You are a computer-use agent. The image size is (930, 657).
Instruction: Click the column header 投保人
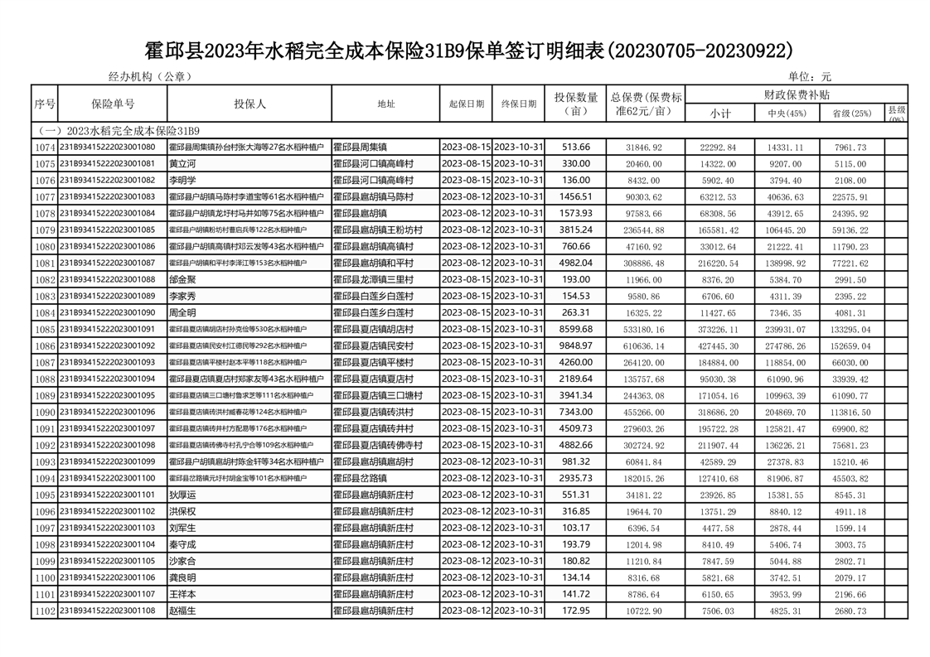point(249,104)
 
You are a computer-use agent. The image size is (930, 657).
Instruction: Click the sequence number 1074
point(44,147)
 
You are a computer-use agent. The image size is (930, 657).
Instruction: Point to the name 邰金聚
point(182,279)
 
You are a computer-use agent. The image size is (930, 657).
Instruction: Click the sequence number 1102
point(44,611)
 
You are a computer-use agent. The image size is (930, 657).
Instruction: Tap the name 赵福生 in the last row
point(182,611)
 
